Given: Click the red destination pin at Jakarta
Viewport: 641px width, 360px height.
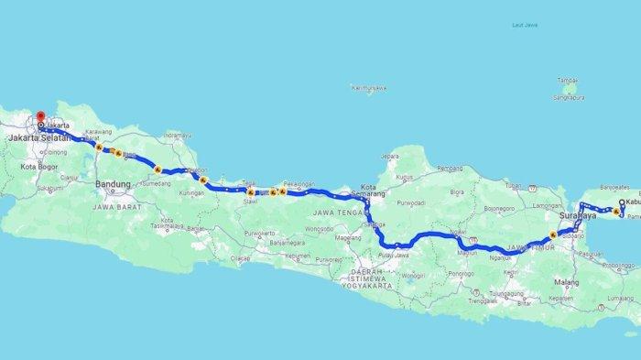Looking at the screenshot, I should click(x=40, y=117).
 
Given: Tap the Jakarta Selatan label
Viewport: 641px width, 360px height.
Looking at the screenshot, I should click(x=40, y=138).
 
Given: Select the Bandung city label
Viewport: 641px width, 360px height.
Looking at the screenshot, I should click(x=114, y=184).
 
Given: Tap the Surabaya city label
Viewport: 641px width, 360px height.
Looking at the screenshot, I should click(x=576, y=217).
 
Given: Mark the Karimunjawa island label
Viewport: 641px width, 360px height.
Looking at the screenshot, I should click(x=364, y=88).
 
